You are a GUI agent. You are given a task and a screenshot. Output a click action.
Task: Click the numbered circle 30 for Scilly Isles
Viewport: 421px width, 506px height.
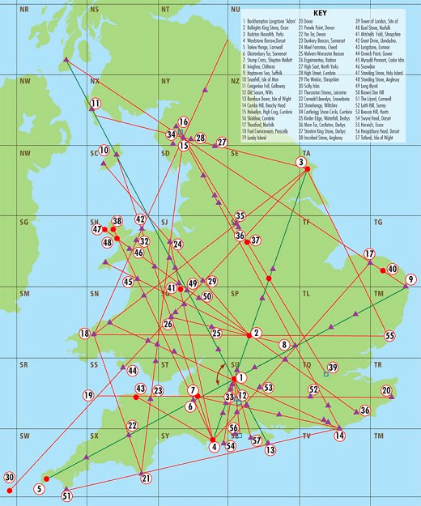pyautogui.click(x=10, y=477)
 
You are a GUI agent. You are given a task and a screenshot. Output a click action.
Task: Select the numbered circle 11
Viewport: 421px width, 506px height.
pyautogui.click(x=95, y=104)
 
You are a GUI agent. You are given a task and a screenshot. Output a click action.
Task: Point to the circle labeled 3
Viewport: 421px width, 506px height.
pyautogui.click(x=302, y=162)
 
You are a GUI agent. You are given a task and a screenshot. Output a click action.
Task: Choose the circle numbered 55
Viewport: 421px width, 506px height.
pyautogui.click(x=389, y=335)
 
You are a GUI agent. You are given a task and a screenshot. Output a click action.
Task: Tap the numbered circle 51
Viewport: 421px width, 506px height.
pyautogui.click(x=67, y=495)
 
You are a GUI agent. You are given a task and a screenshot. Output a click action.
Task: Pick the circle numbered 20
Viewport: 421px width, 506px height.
pyautogui.click(x=386, y=391)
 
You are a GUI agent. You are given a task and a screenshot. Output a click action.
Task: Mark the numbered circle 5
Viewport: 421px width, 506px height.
pyautogui.click(x=38, y=488)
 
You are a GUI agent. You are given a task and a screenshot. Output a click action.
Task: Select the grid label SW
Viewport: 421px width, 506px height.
pyautogui.click(x=24, y=436)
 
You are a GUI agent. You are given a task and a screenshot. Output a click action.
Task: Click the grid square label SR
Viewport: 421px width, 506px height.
pyautogui.click(x=24, y=365)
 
